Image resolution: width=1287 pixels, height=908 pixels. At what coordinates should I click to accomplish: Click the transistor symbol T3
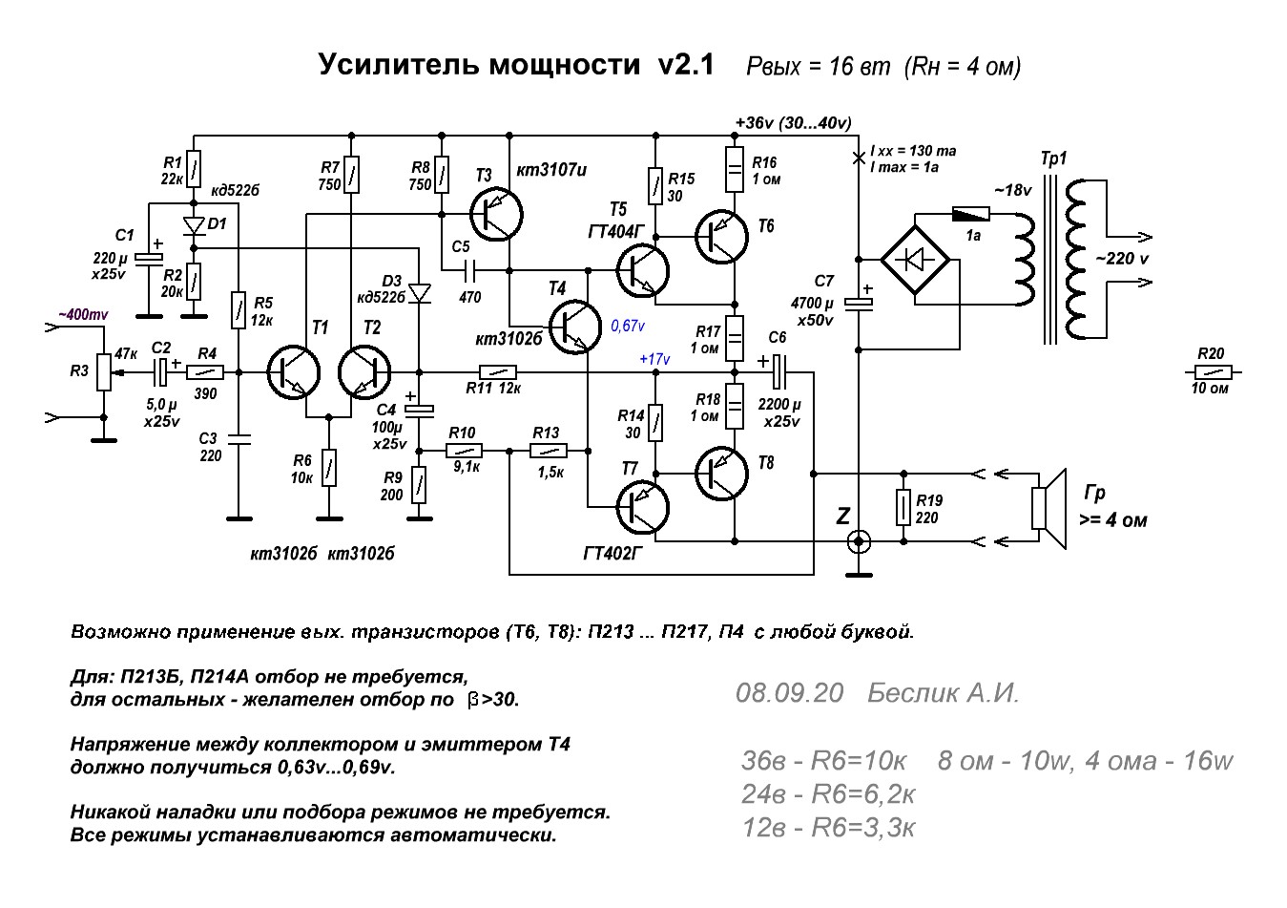pos(496,215)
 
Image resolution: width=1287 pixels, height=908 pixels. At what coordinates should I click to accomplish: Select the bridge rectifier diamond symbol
pos(915,260)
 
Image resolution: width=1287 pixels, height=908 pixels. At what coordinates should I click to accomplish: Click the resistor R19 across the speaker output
pos(903,507)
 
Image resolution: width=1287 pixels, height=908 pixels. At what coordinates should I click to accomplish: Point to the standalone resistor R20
pos(1213,372)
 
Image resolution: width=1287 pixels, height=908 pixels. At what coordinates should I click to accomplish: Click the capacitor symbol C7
pos(858,304)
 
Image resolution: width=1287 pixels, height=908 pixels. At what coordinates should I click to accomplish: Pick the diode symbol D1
pos(194,226)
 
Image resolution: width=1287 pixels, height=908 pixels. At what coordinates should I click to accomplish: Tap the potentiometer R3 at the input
pos(103,372)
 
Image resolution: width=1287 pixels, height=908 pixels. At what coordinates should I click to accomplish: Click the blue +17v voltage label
pos(654,359)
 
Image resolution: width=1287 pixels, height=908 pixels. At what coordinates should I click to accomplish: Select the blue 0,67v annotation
pos(628,326)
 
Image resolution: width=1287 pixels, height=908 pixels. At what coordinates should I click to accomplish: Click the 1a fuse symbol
pos(971,214)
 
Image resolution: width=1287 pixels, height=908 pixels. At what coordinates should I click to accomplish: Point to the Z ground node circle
pos(859,541)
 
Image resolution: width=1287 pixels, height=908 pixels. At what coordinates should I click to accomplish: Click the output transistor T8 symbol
pos(721,474)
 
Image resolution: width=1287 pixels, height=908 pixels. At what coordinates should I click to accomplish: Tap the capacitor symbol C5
pos(470,269)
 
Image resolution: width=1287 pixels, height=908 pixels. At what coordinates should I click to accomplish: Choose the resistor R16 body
pos(735,169)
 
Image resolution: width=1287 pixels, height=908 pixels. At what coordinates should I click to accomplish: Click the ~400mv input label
pos(83,314)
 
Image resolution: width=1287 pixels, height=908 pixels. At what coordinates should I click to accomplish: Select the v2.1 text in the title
pos(686,64)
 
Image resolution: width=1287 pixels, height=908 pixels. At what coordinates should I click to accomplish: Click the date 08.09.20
pos(789,693)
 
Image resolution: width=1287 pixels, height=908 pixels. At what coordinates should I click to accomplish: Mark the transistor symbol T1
pos(294,372)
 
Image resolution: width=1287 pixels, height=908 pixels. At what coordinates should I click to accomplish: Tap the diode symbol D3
pos(420,293)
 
